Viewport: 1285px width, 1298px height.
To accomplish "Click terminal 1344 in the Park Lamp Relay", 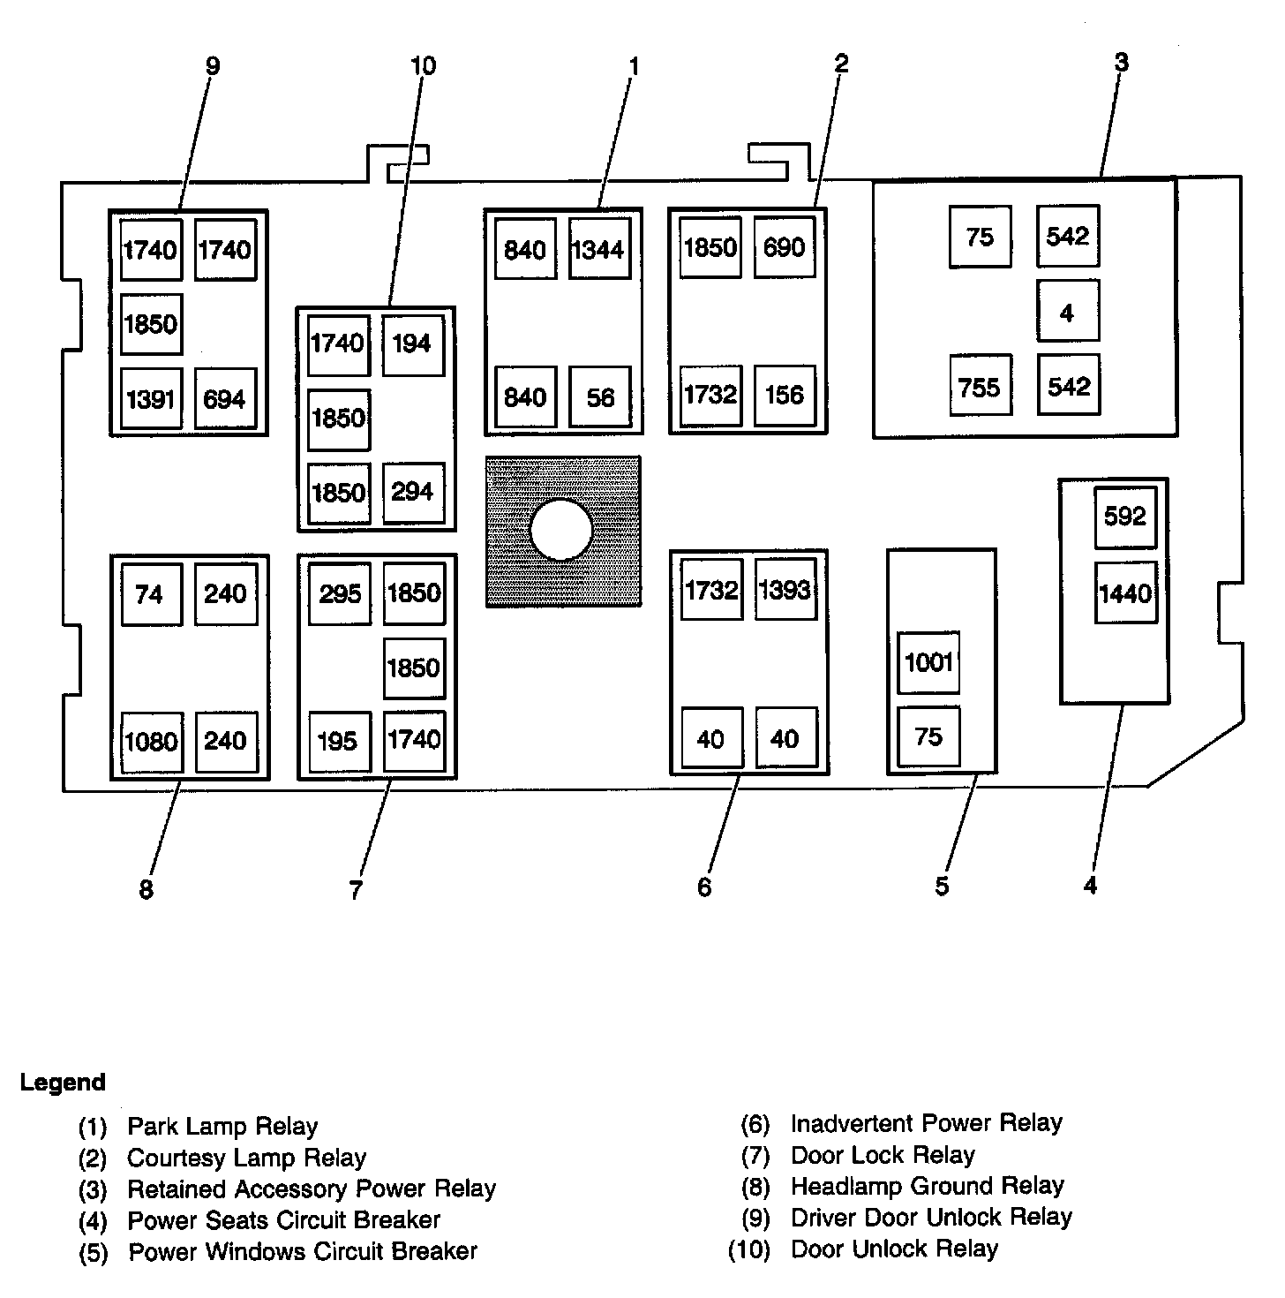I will tap(599, 250).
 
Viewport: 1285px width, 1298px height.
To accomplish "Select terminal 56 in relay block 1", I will tap(600, 397).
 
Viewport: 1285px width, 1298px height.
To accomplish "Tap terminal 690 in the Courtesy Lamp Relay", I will tap(785, 247).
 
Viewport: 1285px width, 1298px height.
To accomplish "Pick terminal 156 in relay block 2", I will tap(785, 395).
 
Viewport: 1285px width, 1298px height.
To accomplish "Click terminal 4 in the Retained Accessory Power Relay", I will tap(1067, 313).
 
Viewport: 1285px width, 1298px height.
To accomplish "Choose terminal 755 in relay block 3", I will tap(980, 387).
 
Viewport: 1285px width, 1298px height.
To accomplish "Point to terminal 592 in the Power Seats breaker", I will tap(1125, 516).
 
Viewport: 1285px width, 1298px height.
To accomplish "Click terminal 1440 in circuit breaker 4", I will tap(1125, 592).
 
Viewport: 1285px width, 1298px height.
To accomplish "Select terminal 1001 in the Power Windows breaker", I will tap(928, 662).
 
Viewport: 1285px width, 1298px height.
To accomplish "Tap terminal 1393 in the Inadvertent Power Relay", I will tap(785, 590).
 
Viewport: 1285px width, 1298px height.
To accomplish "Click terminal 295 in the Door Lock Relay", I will tap(340, 593).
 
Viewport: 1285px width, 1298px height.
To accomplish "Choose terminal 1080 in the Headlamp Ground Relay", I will tap(152, 742).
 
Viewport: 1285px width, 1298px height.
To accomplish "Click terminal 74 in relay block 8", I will tap(150, 594).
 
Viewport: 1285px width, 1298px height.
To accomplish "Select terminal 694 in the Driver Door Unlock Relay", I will tap(224, 399).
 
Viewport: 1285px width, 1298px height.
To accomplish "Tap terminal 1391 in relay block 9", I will tap(151, 399).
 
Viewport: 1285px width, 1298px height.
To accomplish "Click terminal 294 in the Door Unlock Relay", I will tap(412, 492).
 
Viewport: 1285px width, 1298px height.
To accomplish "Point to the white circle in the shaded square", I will tap(562, 531).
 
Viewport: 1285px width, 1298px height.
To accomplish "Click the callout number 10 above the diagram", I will tap(423, 66).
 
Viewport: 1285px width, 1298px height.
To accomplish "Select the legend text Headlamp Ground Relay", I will tap(927, 1186).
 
